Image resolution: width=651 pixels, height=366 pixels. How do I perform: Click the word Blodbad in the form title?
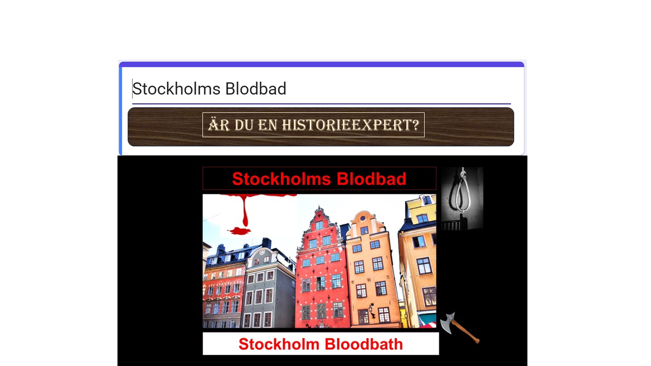point(256,88)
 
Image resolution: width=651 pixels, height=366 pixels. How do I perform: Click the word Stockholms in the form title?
point(176,88)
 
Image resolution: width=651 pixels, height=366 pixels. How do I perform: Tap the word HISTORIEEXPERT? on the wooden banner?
point(350,125)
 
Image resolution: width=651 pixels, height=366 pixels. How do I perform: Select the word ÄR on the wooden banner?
point(219,125)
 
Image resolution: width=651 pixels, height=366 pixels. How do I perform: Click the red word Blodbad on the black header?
point(371,178)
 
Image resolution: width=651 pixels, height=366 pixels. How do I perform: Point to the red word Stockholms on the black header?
point(281,178)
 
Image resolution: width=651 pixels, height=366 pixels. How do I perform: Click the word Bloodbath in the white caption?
point(364,344)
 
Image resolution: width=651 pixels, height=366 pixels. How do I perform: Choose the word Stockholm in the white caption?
point(279,344)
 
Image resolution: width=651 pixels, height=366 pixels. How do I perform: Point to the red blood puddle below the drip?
point(240,231)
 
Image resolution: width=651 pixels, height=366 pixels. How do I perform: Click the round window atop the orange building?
point(363,218)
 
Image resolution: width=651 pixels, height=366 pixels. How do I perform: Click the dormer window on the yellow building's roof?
point(426,200)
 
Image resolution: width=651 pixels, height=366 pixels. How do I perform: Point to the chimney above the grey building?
point(267,243)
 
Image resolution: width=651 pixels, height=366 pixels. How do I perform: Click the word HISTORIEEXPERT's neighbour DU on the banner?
point(244,125)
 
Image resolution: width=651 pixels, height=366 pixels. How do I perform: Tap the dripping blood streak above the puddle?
point(245,210)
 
